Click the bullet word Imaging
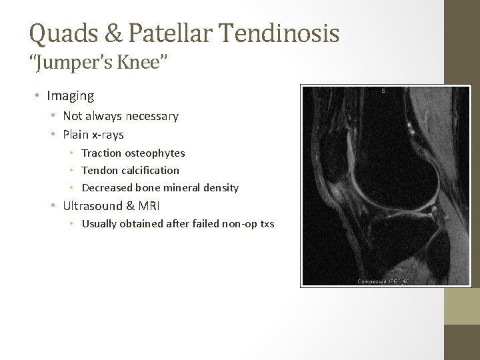click(71, 96)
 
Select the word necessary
click(151, 117)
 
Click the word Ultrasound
click(93, 206)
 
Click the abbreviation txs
click(266, 223)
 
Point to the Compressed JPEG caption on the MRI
click(382, 281)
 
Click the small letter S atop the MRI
click(383, 90)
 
